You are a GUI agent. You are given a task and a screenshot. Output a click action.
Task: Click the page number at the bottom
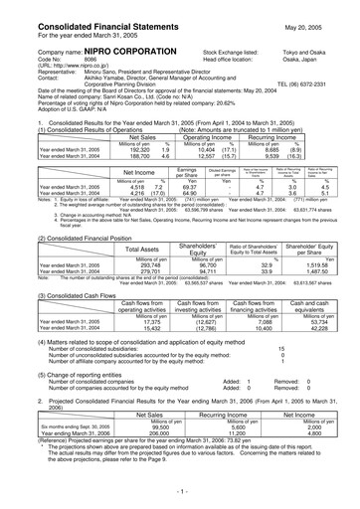180,493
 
